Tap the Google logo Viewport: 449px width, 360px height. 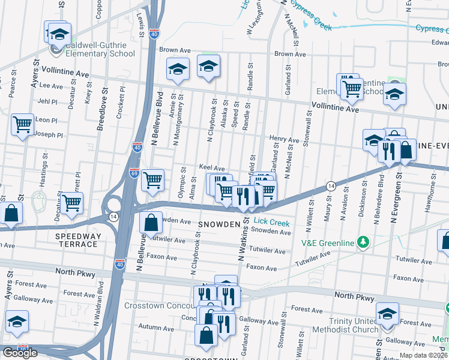pyautogui.click(x=20, y=353)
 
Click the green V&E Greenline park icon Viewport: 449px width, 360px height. pyautogui.click(x=363, y=242)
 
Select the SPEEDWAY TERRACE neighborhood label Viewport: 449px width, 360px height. pyautogui.click(x=77, y=240)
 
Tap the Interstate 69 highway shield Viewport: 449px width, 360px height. pyautogui.click(x=133, y=173)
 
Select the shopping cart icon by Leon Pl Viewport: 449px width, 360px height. pyautogui.click(x=22, y=125)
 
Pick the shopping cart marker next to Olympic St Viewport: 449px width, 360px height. pyautogui.click(x=153, y=179)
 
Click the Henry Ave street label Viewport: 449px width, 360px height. pyautogui.click(x=284, y=140)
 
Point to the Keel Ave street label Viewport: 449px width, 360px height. pyautogui.click(x=211, y=169)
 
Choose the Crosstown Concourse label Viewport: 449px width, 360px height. pyautogui.click(x=159, y=305)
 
